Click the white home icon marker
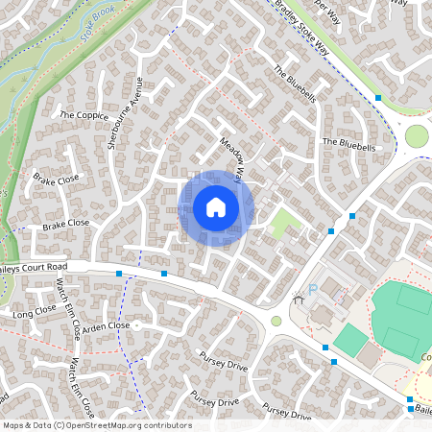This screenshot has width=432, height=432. coord(216,207)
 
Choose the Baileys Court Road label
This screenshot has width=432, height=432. coord(34,265)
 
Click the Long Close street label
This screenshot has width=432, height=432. coord(36,312)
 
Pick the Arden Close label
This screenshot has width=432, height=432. coord(106,326)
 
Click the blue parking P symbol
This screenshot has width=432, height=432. coord(312,291)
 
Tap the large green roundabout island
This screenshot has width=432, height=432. coord(417,136)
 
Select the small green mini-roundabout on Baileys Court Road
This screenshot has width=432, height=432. coord(276,321)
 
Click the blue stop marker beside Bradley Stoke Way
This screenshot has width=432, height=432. coord(379,98)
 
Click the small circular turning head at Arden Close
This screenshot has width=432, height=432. coord(137,325)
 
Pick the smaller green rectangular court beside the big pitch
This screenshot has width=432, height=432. coord(351,339)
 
